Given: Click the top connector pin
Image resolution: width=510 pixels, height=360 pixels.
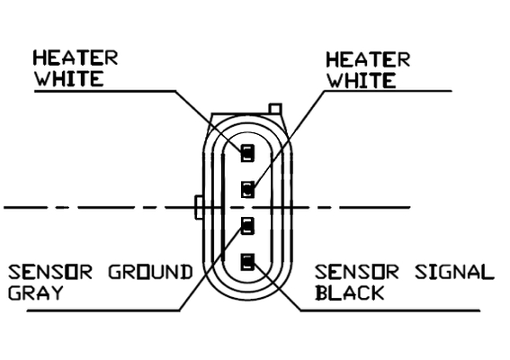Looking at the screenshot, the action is pos(248,153).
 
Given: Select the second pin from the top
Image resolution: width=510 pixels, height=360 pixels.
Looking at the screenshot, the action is pos(248,189).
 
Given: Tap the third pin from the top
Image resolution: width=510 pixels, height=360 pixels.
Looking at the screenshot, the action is pos(248,226).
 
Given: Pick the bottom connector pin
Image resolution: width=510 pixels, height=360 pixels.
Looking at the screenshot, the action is pos(248,262).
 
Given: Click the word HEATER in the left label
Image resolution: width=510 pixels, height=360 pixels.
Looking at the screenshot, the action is pos(76,58).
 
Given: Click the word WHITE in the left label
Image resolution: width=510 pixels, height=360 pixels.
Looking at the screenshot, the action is pos(69,79).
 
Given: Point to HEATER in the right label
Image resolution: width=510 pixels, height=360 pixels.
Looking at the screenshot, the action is pos(368,60).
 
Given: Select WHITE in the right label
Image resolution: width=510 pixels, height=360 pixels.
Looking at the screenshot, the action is pos(362,80).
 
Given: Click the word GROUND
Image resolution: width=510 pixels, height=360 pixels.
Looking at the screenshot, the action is pos(150,272).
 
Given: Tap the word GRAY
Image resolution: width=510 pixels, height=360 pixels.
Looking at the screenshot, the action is pos(35,292).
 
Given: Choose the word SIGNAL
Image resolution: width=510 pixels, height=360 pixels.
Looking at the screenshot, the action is pos(455,272).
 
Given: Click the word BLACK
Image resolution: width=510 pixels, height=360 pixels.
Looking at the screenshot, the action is pos(350,292).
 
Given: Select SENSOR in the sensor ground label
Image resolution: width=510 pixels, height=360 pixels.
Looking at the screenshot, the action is pos(50,272).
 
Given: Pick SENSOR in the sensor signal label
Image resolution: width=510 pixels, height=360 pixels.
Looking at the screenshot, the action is pos(357,272).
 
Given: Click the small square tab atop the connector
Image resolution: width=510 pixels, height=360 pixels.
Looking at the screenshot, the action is pos(275,109).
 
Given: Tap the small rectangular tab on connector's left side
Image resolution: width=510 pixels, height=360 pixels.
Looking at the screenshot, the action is pos(199,207).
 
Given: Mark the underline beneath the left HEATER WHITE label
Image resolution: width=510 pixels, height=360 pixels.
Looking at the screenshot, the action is pos(105,91).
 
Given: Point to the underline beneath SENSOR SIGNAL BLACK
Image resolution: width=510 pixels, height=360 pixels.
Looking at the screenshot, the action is pos(390,310).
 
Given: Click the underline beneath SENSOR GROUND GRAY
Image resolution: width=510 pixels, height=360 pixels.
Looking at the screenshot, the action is pos(103,310).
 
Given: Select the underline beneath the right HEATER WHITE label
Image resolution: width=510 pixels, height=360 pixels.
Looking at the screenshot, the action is pos(388,91).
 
